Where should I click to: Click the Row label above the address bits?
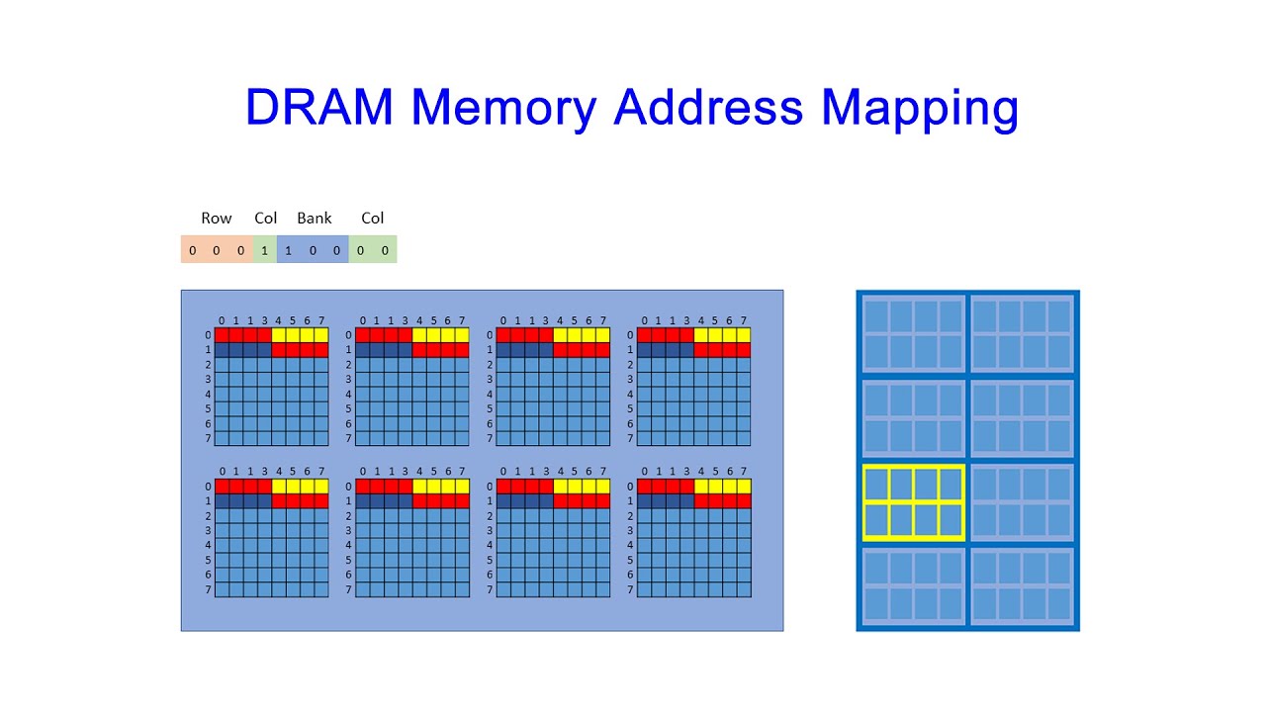click(x=217, y=219)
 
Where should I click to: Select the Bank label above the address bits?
click(x=315, y=219)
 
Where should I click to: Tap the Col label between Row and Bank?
click(x=265, y=219)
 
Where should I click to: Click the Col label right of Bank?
click(x=372, y=219)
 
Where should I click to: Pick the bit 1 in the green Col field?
click(x=265, y=250)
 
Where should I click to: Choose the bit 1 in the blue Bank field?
click(x=289, y=250)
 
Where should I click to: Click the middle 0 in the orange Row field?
click(x=217, y=250)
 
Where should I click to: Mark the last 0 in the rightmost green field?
click(x=385, y=250)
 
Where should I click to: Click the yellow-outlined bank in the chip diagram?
click(x=913, y=502)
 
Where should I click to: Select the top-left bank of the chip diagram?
click(x=913, y=334)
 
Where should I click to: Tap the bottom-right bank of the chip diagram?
click(x=1022, y=586)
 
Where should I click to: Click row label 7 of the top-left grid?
click(x=209, y=438)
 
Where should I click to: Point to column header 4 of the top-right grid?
click(x=701, y=320)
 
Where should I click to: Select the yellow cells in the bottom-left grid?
click(x=300, y=487)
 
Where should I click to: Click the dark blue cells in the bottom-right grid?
click(x=666, y=501)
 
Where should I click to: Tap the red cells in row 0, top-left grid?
click(x=243, y=335)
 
